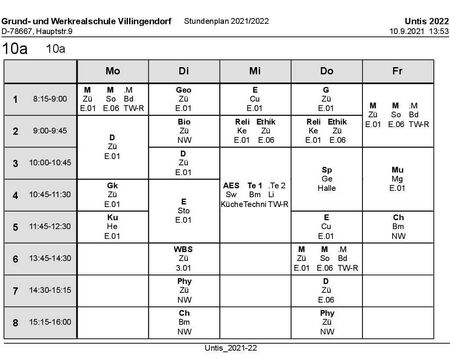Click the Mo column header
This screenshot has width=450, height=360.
coord(112,72)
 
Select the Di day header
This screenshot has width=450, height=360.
coord(183,72)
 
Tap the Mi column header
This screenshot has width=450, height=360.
coord(254,72)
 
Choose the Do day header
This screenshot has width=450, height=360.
coord(326,72)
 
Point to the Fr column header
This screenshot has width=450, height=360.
coord(397,72)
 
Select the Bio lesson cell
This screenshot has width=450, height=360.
coord(183,130)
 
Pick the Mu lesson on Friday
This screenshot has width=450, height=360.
coord(397,178)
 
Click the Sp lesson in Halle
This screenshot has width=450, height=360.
coord(326,178)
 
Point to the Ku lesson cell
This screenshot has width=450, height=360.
coord(112,226)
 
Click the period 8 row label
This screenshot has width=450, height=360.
coord(15,322)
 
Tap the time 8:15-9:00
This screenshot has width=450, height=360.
coord(49,99)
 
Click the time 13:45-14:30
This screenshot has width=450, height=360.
coord(49,258)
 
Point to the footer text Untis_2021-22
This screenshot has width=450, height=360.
coord(226,348)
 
